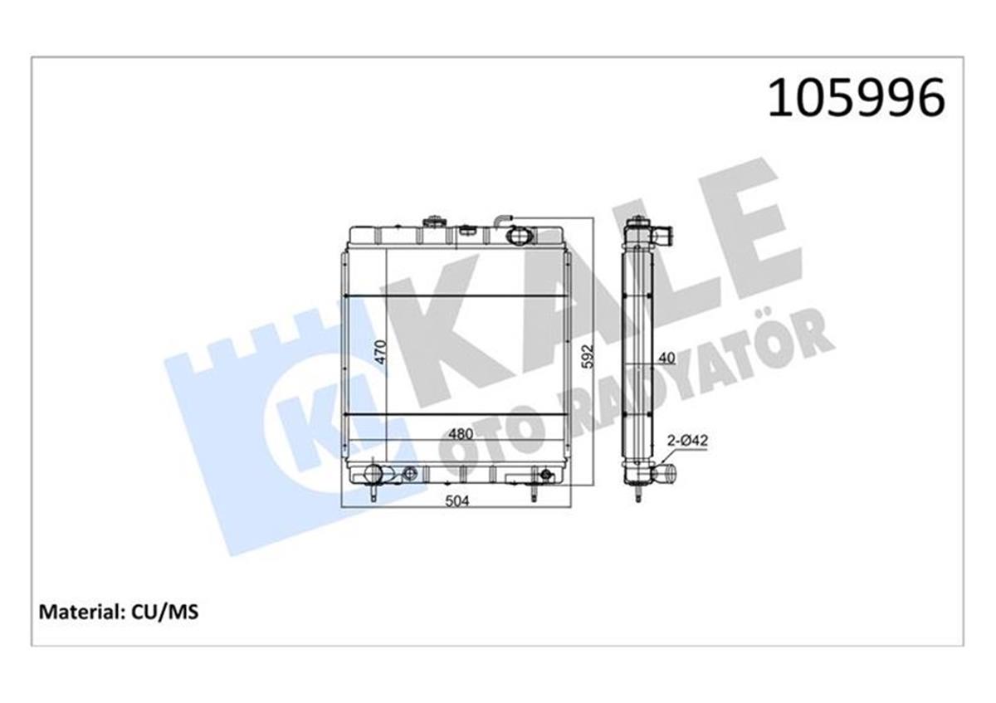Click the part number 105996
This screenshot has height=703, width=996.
856,98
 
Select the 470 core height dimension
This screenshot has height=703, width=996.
381,352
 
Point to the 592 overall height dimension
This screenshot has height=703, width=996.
588,356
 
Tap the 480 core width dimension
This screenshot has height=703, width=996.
461,433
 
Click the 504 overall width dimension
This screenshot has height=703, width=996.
457,501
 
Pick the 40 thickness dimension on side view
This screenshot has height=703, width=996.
666,358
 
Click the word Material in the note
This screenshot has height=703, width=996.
80,613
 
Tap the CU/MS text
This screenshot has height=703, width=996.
164,613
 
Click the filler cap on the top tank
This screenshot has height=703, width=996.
433,222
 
